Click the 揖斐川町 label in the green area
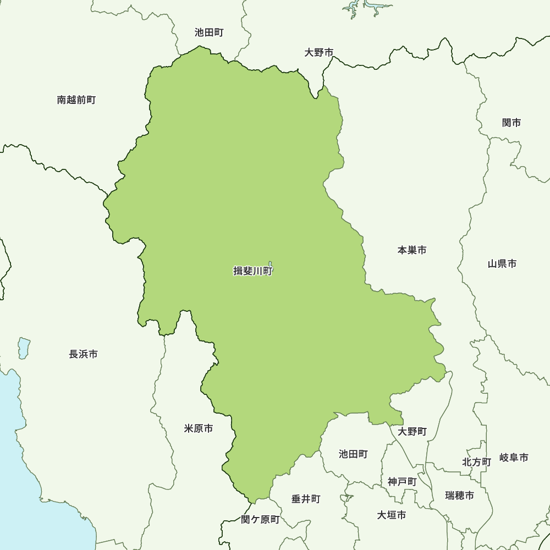pos(253,271)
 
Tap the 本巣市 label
pos(412,250)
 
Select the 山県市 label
pos(502,264)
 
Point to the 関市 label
pos(512,123)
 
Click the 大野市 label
pos(319,53)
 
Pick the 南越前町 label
pos(76,100)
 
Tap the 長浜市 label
pos(84,355)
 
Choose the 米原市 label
pos(199,428)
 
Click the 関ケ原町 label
pos(260,520)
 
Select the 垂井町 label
pos(306,499)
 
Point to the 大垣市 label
pos(392,515)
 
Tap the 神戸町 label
pos(402,482)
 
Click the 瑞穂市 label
pos(460,496)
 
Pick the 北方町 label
pos(476,462)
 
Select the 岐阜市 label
pos(514,458)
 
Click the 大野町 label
pos(413,432)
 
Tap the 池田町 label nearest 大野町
pos(353,454)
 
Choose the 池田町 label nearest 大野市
pos(209,33)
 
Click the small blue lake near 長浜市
pos(24,348)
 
